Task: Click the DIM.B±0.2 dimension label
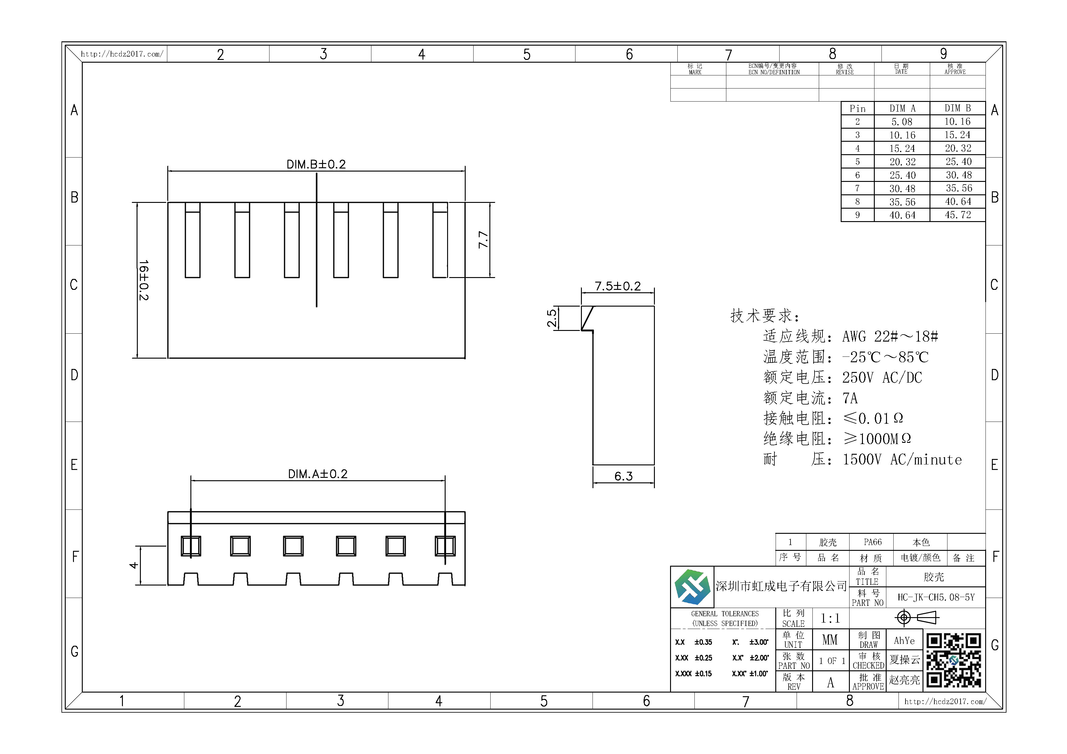[316, 165]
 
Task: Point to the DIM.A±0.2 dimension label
[318, 474]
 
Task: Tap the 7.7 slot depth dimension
[483, 240]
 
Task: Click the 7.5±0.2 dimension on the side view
[618, 286]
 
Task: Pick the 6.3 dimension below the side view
[624, 476]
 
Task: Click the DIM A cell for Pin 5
[902, 162]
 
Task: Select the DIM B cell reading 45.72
[958, 215]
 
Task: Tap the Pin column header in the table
[857, 109]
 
